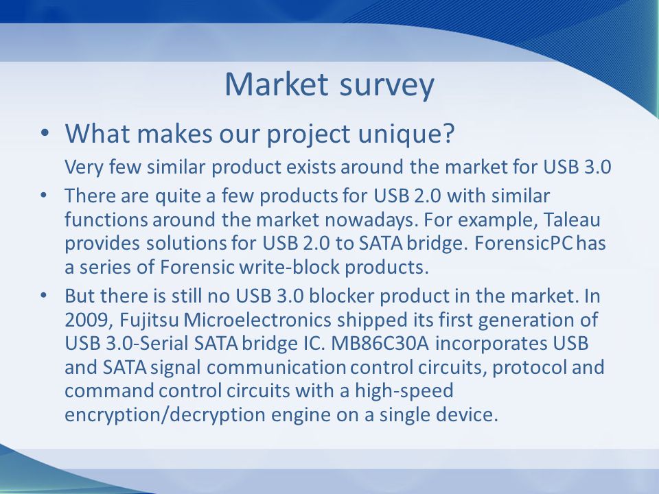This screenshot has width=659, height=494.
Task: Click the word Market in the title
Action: click(276, 84)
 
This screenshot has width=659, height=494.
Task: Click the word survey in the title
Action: click(386, 87)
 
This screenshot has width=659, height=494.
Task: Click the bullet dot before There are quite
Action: click(44, 196)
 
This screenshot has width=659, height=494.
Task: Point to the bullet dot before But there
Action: click(44, 296)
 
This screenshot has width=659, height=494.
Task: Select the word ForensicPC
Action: click(524, 243)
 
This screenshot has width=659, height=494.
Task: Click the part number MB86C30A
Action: click(380, 344)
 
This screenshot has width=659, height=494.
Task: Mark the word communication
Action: click(276, 368)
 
